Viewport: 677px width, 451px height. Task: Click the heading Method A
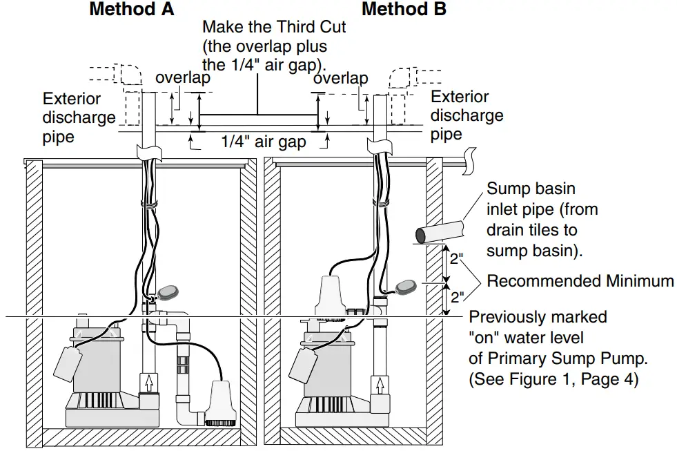(x=131, y=10)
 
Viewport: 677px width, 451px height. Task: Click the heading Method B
(x=404, y=10)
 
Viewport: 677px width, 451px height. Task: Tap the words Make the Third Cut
(x=274, y=28)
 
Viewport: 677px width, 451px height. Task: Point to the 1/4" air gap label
(x=263, y=142)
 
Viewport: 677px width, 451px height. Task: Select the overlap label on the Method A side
(x=182, y=77)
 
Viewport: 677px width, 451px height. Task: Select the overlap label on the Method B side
(x=340, y=79)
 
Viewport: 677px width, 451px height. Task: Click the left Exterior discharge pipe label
(x=79, y=117)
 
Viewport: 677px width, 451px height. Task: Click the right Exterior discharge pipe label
(x=467, y=115)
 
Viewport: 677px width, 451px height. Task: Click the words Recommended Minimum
(x=580, y=281)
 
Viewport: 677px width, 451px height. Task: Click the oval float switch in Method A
(x=169, y=293)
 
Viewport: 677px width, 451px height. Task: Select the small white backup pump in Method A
(x=219, y=401)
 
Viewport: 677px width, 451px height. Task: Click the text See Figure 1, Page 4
(x=553, y=378)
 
